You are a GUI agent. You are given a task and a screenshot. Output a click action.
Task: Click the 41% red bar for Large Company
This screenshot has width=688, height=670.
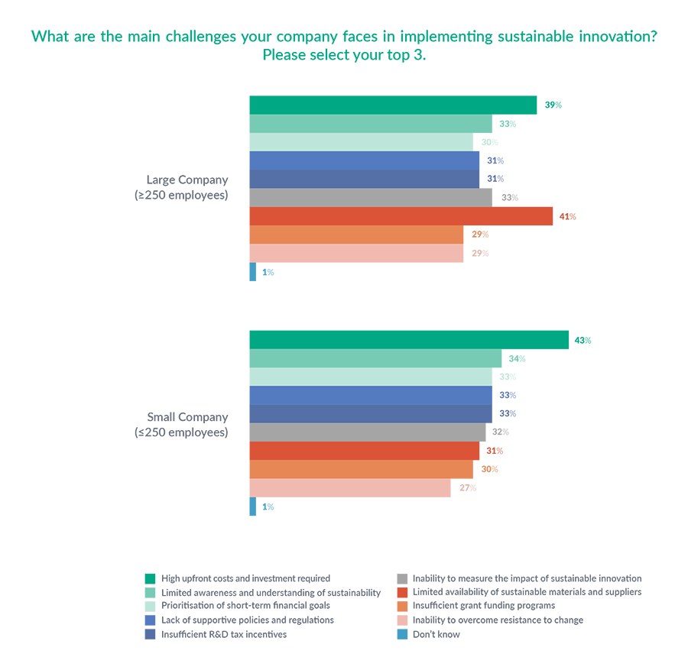coord(401,216)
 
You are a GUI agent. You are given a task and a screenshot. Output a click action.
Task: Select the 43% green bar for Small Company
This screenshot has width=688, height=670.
coord(409,340)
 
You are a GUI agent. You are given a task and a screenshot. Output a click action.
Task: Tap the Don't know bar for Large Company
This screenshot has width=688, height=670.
coord(253,272)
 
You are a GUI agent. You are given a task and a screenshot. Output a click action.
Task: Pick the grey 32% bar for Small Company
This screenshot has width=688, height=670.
coord(368,432)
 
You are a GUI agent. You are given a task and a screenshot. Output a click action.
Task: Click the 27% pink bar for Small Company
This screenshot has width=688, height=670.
coord(350,488)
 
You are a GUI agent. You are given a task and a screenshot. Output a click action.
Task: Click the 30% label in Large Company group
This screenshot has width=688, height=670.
coord(490,142)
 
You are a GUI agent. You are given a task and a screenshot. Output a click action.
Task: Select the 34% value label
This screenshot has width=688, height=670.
coord(518,359)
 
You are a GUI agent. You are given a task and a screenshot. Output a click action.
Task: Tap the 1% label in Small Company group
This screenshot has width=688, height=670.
coord(268,507)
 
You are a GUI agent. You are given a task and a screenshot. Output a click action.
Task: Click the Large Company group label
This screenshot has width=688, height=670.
coord(187,187)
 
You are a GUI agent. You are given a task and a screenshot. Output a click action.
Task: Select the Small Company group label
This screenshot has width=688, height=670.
coord(187,425)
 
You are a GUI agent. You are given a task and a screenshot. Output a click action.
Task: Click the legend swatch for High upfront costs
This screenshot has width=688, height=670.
coord(150,579)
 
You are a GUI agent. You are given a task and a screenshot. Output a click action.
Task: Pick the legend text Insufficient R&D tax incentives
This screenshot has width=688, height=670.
coord(224,634)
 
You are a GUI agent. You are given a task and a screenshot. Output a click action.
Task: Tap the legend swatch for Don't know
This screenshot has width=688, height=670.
coord(401,634)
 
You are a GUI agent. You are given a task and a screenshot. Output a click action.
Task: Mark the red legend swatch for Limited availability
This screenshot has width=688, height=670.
coord(401,593)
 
